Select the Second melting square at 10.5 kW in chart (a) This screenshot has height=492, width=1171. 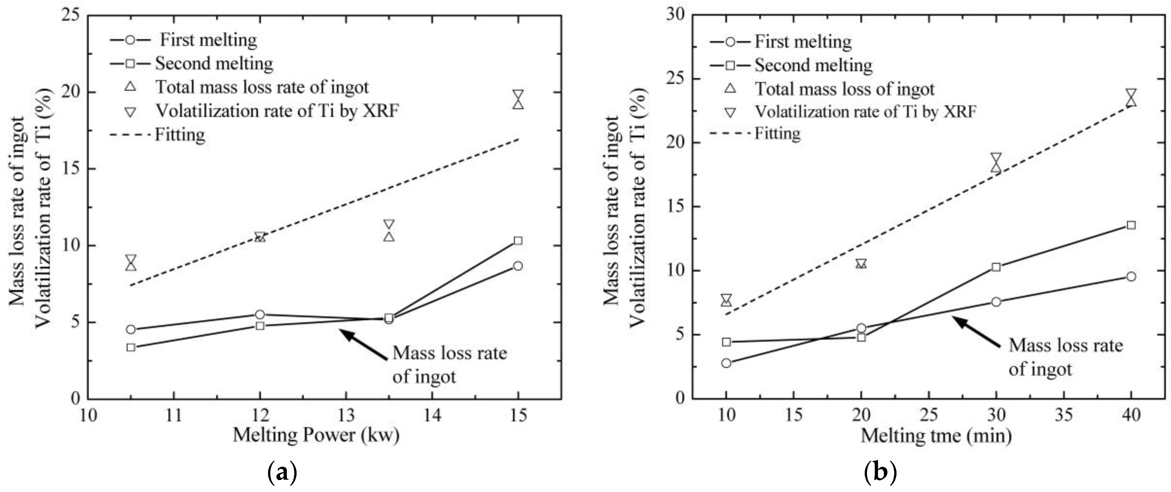(x=131, y=347)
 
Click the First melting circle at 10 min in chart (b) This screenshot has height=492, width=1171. (x=726, y=363)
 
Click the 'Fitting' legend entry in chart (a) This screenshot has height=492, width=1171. (x=180, y=135)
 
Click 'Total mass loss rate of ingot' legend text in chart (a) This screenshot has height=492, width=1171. (x=262, y=87)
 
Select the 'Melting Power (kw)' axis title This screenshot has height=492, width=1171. (x=316, y=435)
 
